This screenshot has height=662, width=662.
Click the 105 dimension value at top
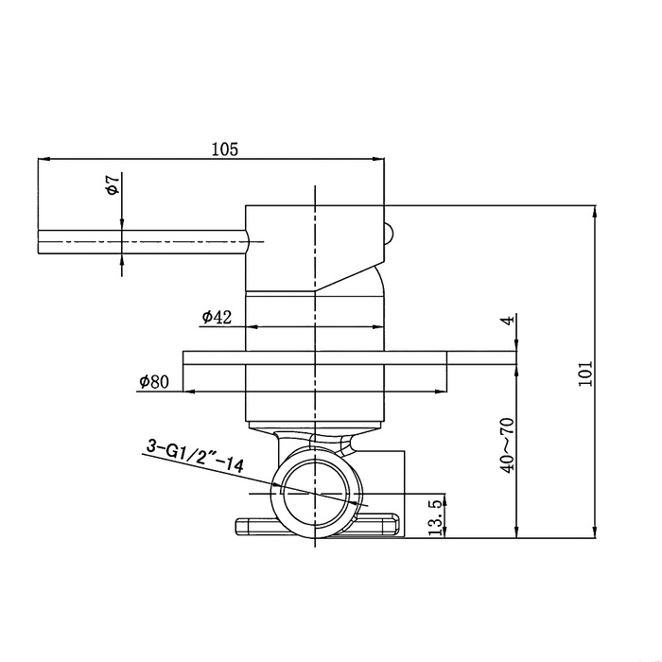224,148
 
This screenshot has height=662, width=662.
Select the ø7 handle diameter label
112,185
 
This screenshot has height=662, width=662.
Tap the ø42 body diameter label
217,317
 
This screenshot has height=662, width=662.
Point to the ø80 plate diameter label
153,382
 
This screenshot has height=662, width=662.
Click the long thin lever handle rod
142,242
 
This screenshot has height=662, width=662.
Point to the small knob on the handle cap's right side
390,233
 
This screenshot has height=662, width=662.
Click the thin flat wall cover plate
350,357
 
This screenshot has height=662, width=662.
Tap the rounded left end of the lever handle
40,242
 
